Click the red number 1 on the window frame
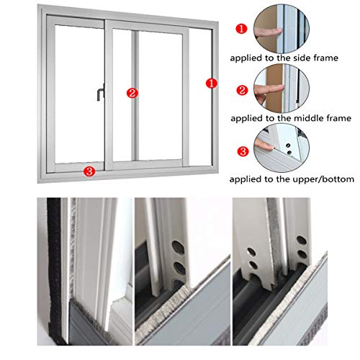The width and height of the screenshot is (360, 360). pos(210,84)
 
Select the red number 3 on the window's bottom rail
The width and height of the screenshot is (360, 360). pos(89,171)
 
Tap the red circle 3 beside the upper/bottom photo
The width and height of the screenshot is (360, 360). pos(245,152)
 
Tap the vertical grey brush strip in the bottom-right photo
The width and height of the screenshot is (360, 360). pos(271,245)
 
